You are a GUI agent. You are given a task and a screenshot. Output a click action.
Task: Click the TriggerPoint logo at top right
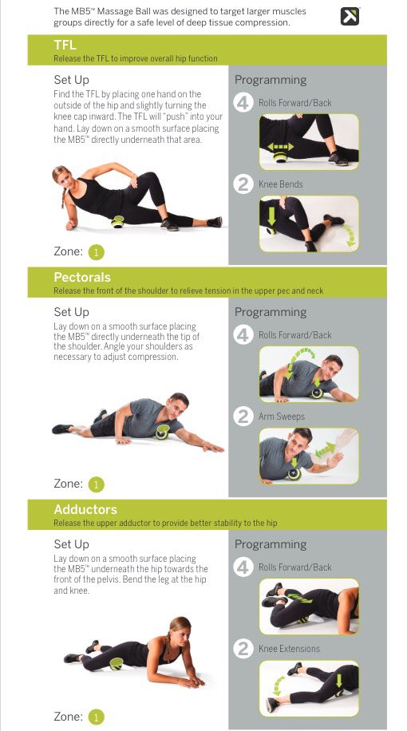coord(350,16)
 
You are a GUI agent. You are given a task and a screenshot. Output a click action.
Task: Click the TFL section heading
coord(65,45)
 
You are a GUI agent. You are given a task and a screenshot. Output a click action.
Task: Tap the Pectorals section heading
coord(82,278)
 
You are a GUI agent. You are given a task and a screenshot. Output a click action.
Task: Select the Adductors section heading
coord(85,509)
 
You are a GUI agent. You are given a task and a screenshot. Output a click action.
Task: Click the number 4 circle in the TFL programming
coord(243,103)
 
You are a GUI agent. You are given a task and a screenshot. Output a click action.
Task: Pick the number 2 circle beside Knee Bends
coord(243,184)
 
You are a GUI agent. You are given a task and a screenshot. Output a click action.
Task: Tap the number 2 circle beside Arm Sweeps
coord(243,417)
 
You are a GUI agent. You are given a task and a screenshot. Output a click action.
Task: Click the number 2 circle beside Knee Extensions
coord(243,649)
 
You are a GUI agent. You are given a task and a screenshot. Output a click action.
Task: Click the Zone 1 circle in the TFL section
coord(96,252)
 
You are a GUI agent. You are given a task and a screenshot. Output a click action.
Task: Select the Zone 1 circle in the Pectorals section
coord(96,484)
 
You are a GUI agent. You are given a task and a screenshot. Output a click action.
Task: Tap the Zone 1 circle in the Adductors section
coord(96,717)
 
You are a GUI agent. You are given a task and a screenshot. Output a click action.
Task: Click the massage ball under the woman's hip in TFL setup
coord(117,222)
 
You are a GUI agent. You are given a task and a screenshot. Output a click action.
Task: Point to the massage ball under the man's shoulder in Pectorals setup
coord(162,432)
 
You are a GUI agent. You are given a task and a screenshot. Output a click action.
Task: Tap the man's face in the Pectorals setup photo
coord(176,406)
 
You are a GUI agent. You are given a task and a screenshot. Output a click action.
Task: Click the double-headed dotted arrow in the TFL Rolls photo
coord(280,147)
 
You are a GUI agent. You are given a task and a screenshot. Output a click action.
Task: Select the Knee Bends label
coord(281,184)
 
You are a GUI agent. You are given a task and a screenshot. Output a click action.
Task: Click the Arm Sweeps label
coord(281,417)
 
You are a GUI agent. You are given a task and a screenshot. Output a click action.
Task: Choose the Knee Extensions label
coord(289,649)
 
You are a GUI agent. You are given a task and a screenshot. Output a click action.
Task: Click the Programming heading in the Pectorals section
coord(271,313)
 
